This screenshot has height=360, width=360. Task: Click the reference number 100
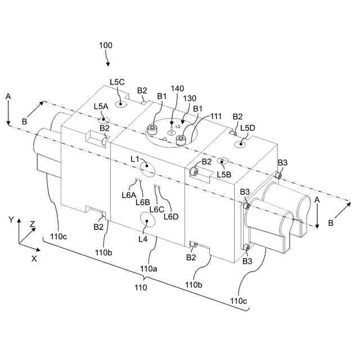(x=105, y=45)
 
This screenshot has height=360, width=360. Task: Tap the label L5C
(x=118, y=82)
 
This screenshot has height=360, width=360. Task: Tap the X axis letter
(x=34, y=259)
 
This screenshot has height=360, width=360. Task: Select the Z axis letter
(x=32, y=224)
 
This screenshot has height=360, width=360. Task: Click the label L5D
(x=247, y=128)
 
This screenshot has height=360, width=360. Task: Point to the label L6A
(x=129, y=195)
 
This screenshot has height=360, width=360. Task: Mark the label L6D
(x=171, y=216)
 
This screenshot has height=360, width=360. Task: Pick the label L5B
(x=224, y=174)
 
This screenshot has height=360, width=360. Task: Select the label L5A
(x=101, y=106)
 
